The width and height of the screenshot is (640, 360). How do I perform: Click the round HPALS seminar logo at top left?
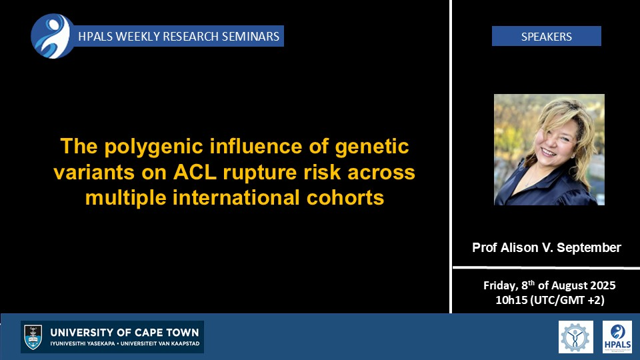coord(53,36)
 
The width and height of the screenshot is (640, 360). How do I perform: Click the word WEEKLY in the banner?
coord(138,36)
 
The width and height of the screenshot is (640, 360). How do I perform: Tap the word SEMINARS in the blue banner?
coord(251,36)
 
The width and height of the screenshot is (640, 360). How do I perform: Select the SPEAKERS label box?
coord(546,36)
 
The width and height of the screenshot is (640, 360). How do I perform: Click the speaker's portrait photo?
coord(549,149)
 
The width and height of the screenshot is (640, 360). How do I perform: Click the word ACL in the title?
coord(195,172)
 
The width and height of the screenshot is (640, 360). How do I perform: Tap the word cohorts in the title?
coord(345,197)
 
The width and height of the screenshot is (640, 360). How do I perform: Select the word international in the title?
coord(236,197)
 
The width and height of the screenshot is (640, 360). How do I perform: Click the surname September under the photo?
coord(589,248)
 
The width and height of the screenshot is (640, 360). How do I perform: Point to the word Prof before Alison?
coord(485,247)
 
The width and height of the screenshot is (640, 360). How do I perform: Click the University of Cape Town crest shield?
coord(33,337)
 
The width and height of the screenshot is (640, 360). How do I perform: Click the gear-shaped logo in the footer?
coord(575,337)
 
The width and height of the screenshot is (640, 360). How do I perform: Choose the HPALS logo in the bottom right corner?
coord(617,337)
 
